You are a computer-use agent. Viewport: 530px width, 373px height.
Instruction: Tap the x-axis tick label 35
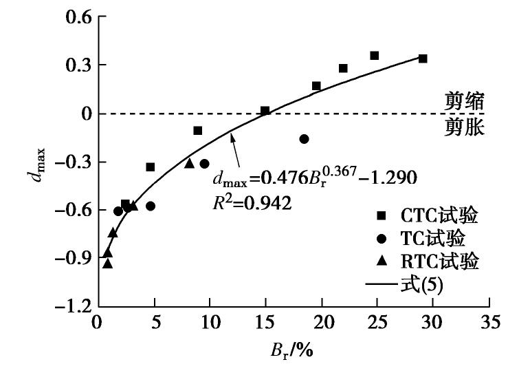coord(488,322)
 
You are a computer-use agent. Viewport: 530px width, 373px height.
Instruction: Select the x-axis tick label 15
coord(265,322)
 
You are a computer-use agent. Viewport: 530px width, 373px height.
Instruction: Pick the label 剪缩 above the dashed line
coord(464,103)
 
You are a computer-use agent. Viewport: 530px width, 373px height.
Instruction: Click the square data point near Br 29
coord(423,59)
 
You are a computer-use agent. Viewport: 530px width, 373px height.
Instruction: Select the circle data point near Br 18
coord(304,139)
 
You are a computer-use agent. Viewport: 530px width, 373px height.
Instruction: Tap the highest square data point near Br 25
coord(375,56)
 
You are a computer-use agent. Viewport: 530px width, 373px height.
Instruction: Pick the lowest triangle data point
coord(107,263)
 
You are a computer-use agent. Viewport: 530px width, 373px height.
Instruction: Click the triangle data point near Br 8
coord(189,163)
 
